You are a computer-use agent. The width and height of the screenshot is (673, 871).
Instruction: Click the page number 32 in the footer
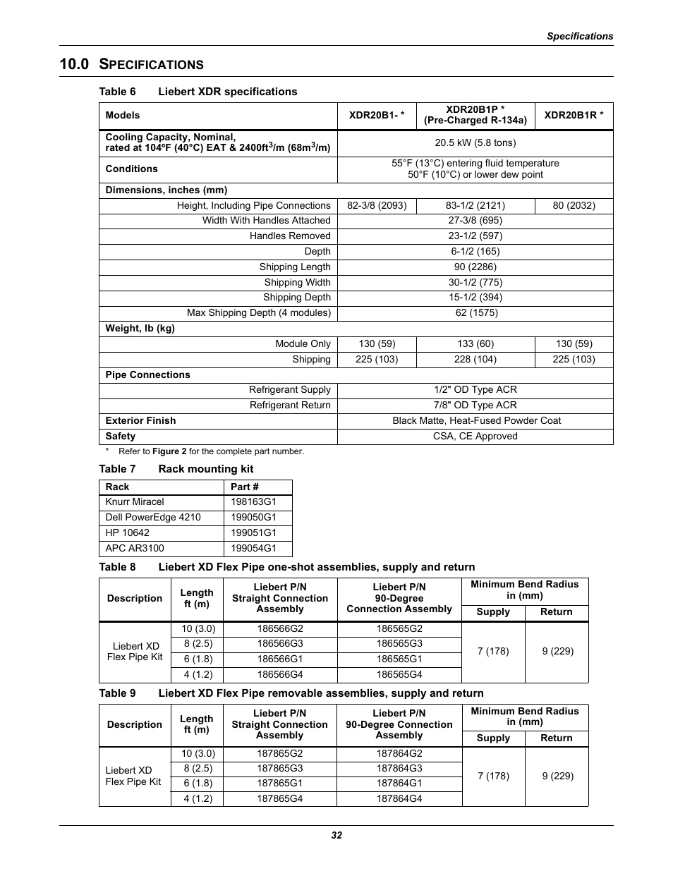[x=336, y=835]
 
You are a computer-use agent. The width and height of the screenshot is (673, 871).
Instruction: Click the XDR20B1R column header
[x=574, y=115]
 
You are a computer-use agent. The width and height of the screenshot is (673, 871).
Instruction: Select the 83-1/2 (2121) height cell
[x=475, y=206]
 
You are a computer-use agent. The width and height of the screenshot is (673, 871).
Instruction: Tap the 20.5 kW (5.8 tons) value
[x=475, y=142]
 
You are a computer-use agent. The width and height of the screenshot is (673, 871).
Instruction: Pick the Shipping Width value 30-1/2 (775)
[x=475, y=282]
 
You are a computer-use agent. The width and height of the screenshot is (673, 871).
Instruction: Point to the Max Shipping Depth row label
[x=258, y=313]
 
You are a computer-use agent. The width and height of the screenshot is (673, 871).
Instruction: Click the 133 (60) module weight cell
[x=475, y=344]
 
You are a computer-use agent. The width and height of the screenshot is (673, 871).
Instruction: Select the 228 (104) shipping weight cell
[x=475, y=360]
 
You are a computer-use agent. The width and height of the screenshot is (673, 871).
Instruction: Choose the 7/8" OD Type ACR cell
[x=475, y=406]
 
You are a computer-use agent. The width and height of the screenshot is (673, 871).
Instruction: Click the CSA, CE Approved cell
[x=475, y=437]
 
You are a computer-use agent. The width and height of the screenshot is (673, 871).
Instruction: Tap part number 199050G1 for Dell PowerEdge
[x=253, y=518]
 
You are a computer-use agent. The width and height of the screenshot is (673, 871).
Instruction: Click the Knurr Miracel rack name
[x=135, y=502]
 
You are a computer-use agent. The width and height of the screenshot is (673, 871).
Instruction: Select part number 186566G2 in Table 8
[x=280, y=629]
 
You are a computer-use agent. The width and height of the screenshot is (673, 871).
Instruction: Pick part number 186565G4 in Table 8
[x=399, y=675]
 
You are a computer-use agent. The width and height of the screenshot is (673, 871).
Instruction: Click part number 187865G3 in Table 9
[x=280, y=769]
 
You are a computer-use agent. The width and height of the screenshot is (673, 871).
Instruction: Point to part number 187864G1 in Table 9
[x=399, y=784]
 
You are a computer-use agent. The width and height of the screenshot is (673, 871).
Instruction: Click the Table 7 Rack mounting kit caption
[x=176, y=469]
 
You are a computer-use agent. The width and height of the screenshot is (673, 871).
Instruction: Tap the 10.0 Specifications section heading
[x=132, y=64]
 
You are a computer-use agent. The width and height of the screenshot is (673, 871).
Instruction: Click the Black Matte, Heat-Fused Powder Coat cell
[x=476, y=421]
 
